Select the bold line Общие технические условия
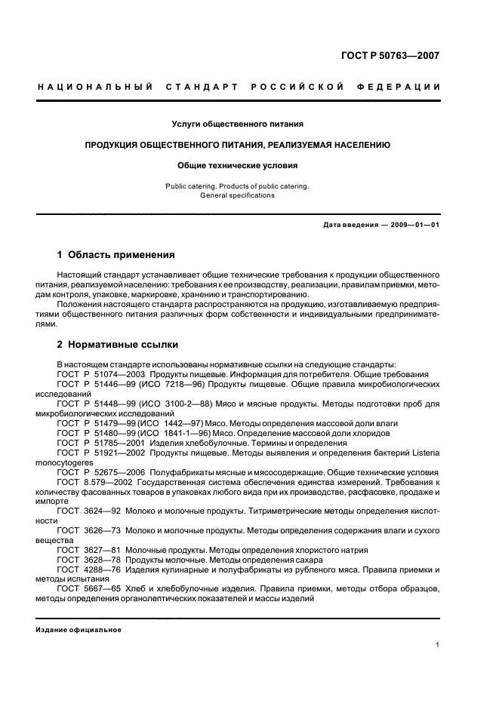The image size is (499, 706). pos(238,164)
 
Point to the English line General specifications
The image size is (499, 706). pos(238,195)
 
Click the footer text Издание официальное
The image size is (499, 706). pos(79,629)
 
